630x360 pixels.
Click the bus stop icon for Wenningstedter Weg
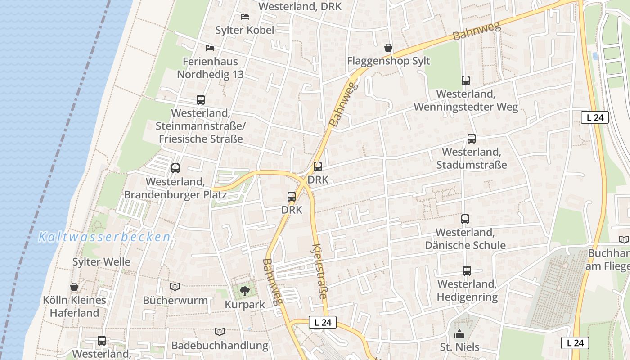tap(466, 81)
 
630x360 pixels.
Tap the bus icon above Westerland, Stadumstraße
tap(471, 139)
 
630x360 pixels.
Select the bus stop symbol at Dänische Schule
tap(465, 219)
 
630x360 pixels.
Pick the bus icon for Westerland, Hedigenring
tap(467, 271)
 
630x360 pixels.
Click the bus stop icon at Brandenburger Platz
tap(175, 168)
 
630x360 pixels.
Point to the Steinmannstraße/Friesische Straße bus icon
tap(201, 100)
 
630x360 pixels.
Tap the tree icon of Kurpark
tap(244, 291)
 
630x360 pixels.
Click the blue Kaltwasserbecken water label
tap(104, 237)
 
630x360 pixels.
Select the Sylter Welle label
tap(101, 261)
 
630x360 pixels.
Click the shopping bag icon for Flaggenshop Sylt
tap(388, 48)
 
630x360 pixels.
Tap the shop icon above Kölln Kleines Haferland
tap(74, 287)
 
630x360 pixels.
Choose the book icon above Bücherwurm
tap(175, 287)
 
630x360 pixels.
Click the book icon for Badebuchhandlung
tap(220, 332)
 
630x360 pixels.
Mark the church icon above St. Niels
tap(459, 334)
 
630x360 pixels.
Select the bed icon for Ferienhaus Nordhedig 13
tap(210, 48)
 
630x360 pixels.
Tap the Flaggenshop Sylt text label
tap(388, 61)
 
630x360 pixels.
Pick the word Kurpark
tap(245, 304)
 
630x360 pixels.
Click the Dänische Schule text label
tap(465, 245)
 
